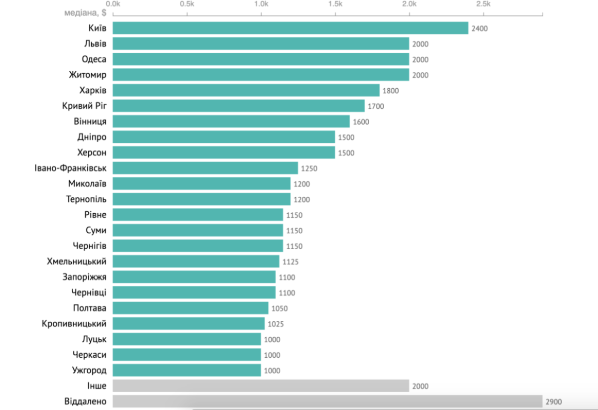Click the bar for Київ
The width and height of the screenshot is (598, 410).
291,28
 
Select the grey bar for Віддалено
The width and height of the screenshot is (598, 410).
327,401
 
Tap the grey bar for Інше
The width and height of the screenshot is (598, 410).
261,386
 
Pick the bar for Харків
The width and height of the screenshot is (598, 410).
246,90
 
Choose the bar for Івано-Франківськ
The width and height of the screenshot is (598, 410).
205,168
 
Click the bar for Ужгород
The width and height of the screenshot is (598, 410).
187,370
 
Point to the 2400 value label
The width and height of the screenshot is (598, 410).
479,28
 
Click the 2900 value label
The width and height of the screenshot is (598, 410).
554,402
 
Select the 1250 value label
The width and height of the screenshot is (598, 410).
309,168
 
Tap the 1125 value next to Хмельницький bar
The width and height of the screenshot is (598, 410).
290,262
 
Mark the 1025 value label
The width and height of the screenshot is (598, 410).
276,324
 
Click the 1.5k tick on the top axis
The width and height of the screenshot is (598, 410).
335,4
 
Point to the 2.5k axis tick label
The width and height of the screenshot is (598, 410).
483,4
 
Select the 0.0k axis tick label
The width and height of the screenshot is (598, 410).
114,4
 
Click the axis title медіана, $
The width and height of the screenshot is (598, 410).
84,12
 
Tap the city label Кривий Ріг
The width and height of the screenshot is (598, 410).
84,106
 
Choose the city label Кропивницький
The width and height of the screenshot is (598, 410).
74,324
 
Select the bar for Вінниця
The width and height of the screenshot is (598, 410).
231,121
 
